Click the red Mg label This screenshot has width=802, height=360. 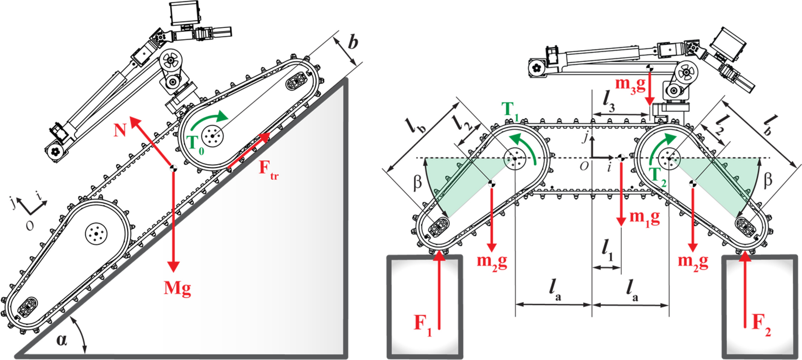(177, 289)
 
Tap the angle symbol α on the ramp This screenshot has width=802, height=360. (62, 340)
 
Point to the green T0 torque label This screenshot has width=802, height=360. (195, 145)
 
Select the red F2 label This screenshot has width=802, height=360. (761, 323)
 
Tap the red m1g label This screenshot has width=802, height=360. (644, 217)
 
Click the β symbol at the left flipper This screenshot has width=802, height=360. (418, 182)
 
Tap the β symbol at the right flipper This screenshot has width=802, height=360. (768, 180)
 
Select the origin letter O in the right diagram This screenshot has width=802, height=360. (584, 166)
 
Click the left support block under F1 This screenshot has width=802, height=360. (425, 306)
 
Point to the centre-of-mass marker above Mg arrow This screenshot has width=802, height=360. (173, 168)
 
